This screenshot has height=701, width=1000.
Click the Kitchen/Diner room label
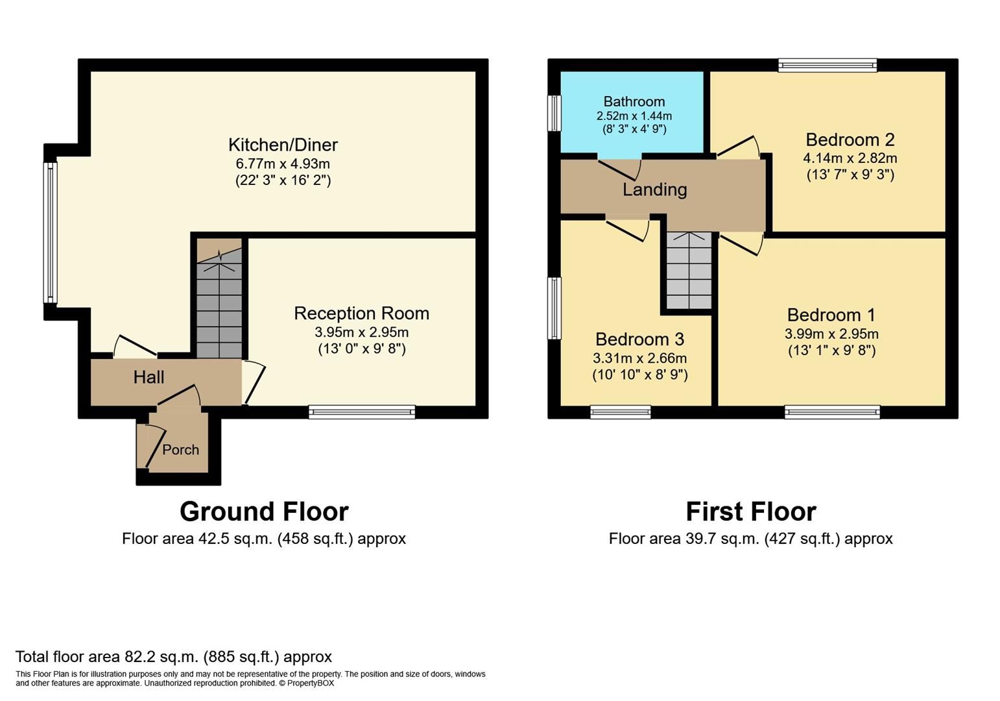[283, 145]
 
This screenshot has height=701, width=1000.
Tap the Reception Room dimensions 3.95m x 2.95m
[361, 332]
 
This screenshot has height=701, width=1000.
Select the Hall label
[149, 377]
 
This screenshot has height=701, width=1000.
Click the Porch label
[180, 450]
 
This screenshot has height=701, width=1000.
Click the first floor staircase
[689, 273]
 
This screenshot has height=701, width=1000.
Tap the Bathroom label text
[634, 101]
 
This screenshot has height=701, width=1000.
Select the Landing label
[654, 190]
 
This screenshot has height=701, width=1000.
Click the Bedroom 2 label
[850, 140]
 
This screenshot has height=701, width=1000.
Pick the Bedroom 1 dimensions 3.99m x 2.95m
[831, 334]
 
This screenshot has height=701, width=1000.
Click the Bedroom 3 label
[639, 339]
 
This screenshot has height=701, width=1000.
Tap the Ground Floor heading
[264, 511]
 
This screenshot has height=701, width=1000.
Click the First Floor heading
[750, 511]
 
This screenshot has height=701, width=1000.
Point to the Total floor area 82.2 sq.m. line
[173, 656]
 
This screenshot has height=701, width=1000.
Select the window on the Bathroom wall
[554, 114]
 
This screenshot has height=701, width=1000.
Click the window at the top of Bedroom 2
[827, 65]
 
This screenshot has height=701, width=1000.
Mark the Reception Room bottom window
[361, 412]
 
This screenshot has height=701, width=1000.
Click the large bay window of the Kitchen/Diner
[50, 232]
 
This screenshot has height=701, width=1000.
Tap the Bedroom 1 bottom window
[832, 412]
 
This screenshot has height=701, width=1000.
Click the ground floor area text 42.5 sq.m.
[263, 539]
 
